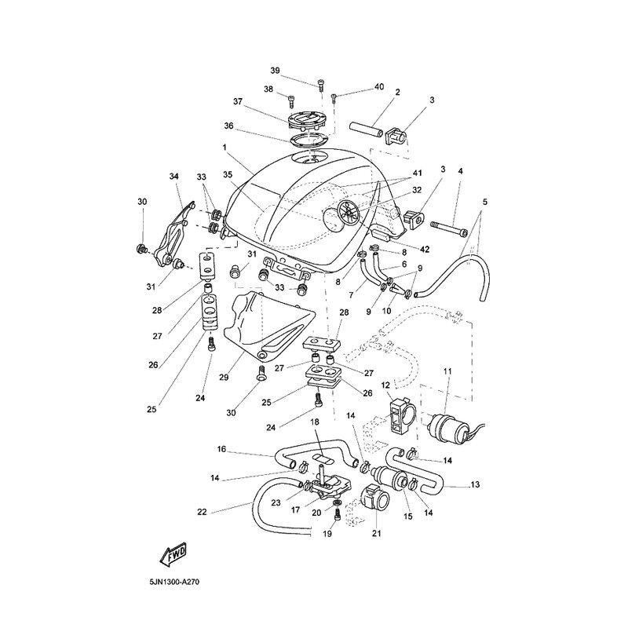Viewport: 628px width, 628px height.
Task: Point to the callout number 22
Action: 202,513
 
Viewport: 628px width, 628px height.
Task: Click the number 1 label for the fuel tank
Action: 225,147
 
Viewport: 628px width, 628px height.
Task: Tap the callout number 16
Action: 222,450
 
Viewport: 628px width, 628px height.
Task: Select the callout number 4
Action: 461,171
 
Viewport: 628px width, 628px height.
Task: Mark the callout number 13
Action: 475,484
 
